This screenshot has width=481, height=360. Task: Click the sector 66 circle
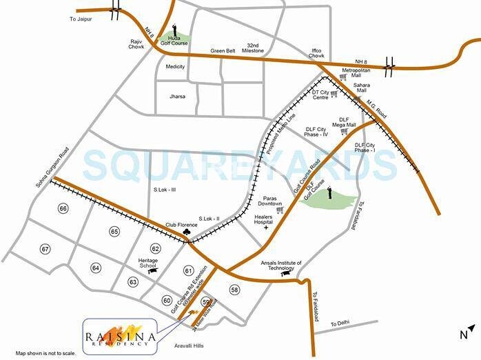tap(63, 208)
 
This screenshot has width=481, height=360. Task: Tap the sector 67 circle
tap(45, 249)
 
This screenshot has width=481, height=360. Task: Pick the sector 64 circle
tap(96, 268)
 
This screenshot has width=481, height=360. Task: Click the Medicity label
tap(175, 67)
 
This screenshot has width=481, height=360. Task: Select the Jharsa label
tap(178, 97)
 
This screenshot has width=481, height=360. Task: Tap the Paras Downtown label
tap(269, 200)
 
